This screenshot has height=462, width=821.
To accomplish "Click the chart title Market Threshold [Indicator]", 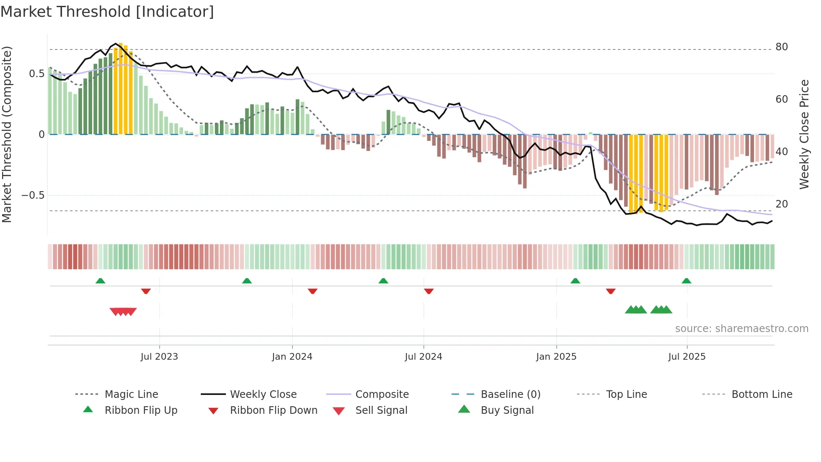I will (x=107, y=12).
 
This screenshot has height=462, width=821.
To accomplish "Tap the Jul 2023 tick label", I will (x=159, y=357).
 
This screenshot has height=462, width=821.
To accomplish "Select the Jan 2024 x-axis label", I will (x=292, y=357).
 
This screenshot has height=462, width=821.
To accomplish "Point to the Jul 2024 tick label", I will (x=423, y=357).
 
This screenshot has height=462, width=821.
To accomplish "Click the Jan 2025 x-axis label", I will (x=556, y=357).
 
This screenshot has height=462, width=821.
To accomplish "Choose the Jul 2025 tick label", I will (x=687, y=357).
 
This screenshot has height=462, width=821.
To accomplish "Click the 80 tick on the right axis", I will (x=782, y=47).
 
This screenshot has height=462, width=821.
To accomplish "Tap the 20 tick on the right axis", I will (x=782, y=204).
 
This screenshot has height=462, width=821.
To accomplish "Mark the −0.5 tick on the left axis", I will (x=33, y=195).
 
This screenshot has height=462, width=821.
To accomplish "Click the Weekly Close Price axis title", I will (x=804, y=134).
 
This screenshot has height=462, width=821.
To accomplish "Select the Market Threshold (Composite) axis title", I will (x=7, y=134).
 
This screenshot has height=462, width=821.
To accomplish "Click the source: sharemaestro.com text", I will (x=741, y=329).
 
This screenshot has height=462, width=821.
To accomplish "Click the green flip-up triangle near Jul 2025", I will (x=686, y=281).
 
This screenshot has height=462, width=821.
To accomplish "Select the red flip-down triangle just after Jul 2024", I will (x=429, y=291).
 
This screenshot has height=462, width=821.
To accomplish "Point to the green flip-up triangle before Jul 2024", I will (x=383, y=281).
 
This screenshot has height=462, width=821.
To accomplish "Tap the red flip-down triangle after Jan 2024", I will (x=312, y=291).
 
